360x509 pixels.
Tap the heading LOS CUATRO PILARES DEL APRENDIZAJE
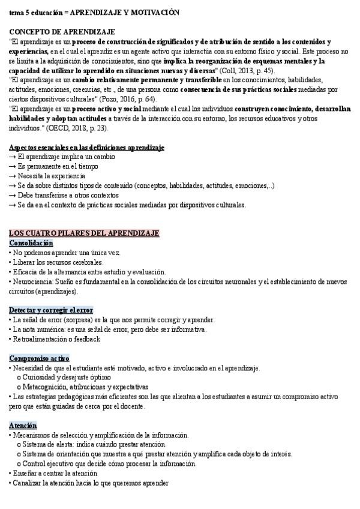[x=84, y=233]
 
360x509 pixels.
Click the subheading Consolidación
[x=31, y=243]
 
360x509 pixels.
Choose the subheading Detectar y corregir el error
[x=51, y=310]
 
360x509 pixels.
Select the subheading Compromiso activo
[x=40, y=358]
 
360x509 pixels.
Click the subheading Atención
[x=23, y=425]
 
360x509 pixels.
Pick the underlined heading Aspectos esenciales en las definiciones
[x=87, y=147]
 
